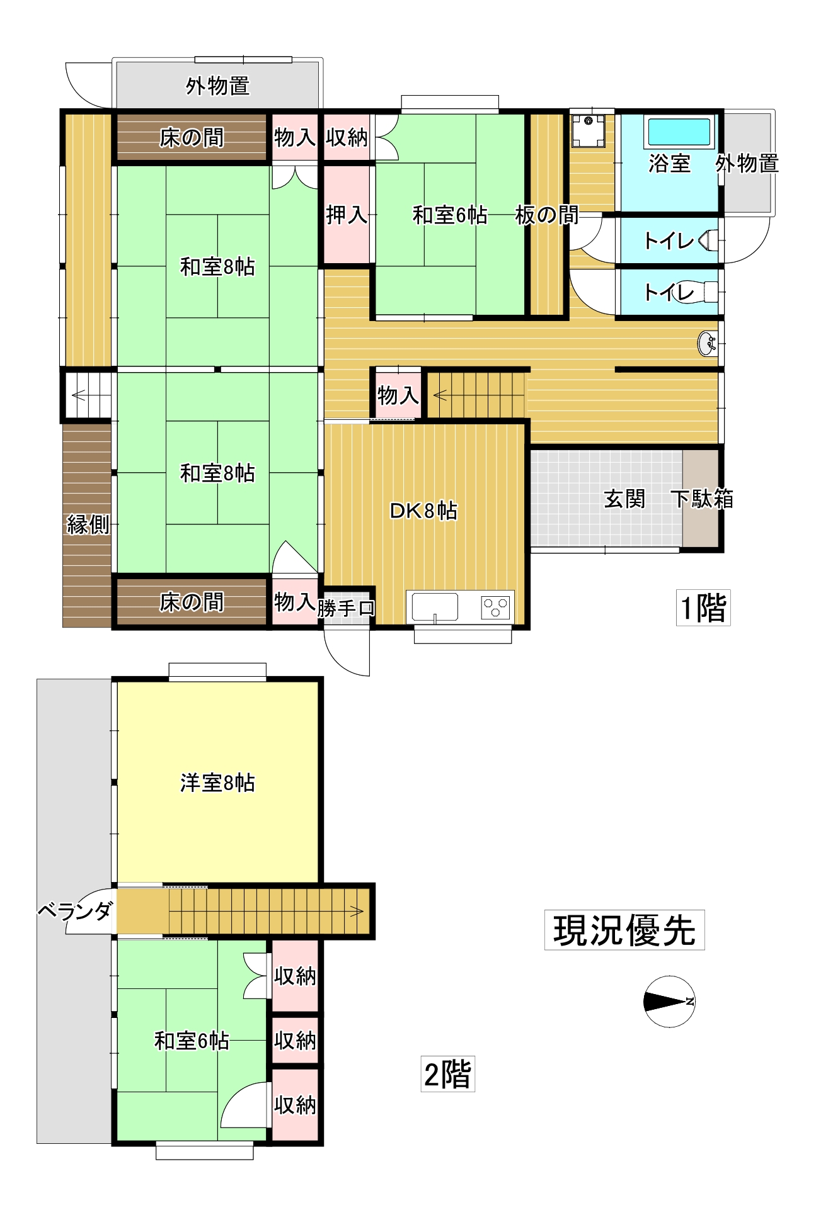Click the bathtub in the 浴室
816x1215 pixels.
[x=679, y=132]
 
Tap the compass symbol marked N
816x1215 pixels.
[x=669, y=1002]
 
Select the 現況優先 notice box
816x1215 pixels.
[x=624, y=930]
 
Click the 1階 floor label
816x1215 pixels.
[x=703, y=608]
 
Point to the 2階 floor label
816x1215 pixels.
[x=447, y=1074]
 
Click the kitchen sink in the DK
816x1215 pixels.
[x=435, y=607]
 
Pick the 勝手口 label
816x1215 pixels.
[x=347, y=608]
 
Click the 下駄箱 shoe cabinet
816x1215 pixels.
[x=701, y=498]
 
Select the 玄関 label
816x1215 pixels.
[x=624, y=499]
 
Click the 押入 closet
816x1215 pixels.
[x=347, y=215]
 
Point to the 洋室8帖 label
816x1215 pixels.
[x=217, y=783]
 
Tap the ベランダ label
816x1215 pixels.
[x=75, y=911]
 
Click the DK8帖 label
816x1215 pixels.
[x=423, y=511]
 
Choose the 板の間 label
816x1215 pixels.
[x=546, y=215]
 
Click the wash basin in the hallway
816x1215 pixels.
[x=708, y=343]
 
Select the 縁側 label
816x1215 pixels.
[x=88, y=524]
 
